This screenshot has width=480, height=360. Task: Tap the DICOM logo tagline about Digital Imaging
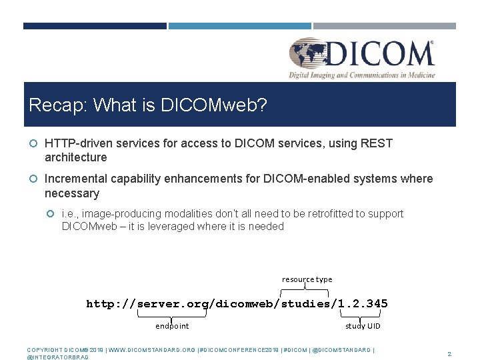click(362, 75)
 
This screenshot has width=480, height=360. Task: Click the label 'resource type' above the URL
click(307, 279)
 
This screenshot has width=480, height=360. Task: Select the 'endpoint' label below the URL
click(172, 326)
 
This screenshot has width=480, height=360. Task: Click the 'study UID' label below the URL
click(363, 326)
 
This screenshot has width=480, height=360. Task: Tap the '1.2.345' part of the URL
click(363, 304)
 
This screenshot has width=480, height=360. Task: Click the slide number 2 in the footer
click(449, 354)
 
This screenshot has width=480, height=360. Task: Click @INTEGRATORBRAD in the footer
click(57, 357)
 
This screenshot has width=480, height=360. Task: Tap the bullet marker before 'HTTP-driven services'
click(33, 143)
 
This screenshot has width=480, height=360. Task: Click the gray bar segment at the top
click(385, 26)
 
